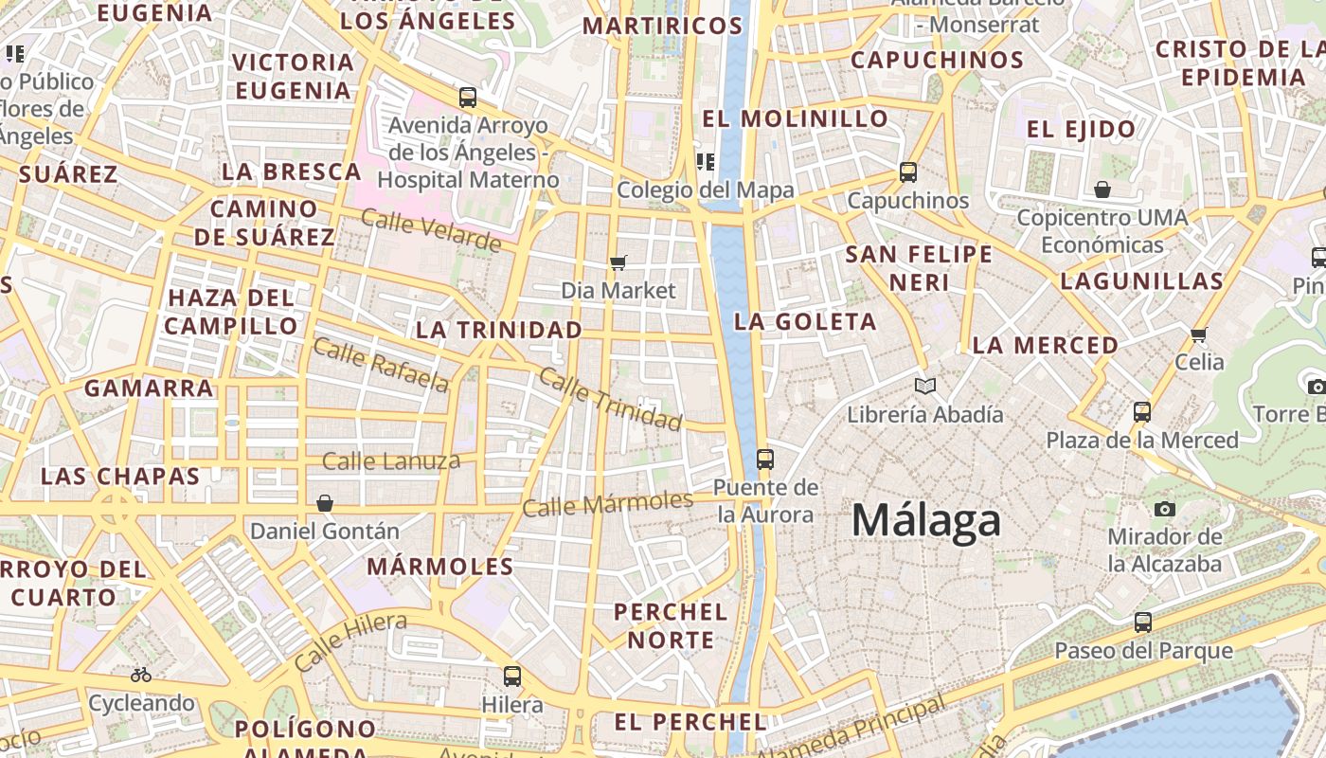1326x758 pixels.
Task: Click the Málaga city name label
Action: click(925, 521)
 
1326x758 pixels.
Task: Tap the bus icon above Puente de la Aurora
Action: click(765, 460)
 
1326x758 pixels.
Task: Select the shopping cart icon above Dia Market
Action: click(618, 262)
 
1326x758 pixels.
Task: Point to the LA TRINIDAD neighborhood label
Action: click(499, 330)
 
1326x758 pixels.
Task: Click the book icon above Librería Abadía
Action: click(925, 386)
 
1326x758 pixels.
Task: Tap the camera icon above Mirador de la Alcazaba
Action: click(1165, 509)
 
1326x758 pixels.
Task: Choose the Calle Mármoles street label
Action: click(607, 503)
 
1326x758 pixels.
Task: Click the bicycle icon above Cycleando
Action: click(141, 675)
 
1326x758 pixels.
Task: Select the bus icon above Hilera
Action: click(512, 676)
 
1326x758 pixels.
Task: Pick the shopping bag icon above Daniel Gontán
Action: click(325, 502)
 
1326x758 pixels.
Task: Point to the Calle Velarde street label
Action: click(431, 231)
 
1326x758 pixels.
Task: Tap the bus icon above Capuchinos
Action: click(908, 171)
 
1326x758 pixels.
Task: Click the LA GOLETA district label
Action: click(805, 321)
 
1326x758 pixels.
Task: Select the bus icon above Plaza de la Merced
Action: click(1142, 411)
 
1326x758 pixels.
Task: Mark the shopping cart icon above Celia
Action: click(1199, 334)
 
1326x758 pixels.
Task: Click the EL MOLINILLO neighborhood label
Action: click(795, 118)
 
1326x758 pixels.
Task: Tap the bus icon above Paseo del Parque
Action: click(1143, 623)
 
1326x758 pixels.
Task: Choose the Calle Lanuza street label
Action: click(391, 461)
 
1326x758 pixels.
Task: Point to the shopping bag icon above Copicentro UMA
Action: click(1102, 189)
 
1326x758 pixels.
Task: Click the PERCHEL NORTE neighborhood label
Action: click(671, 625)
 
